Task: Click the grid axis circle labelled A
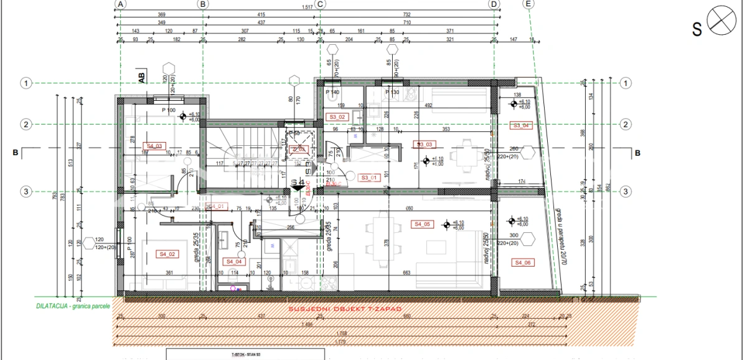point(121,4)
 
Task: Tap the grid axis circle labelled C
point(321,4)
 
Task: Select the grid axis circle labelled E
point(529,4)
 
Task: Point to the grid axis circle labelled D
point(494,4)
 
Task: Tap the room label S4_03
point(154,146)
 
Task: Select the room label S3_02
point(337,117)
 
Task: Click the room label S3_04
point(522,126)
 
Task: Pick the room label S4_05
point(422,224)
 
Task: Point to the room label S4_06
point(522,263)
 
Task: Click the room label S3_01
point(370,177)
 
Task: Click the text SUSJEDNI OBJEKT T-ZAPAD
point(344,310)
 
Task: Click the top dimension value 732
point(406,14)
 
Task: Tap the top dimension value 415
point(261,14)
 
